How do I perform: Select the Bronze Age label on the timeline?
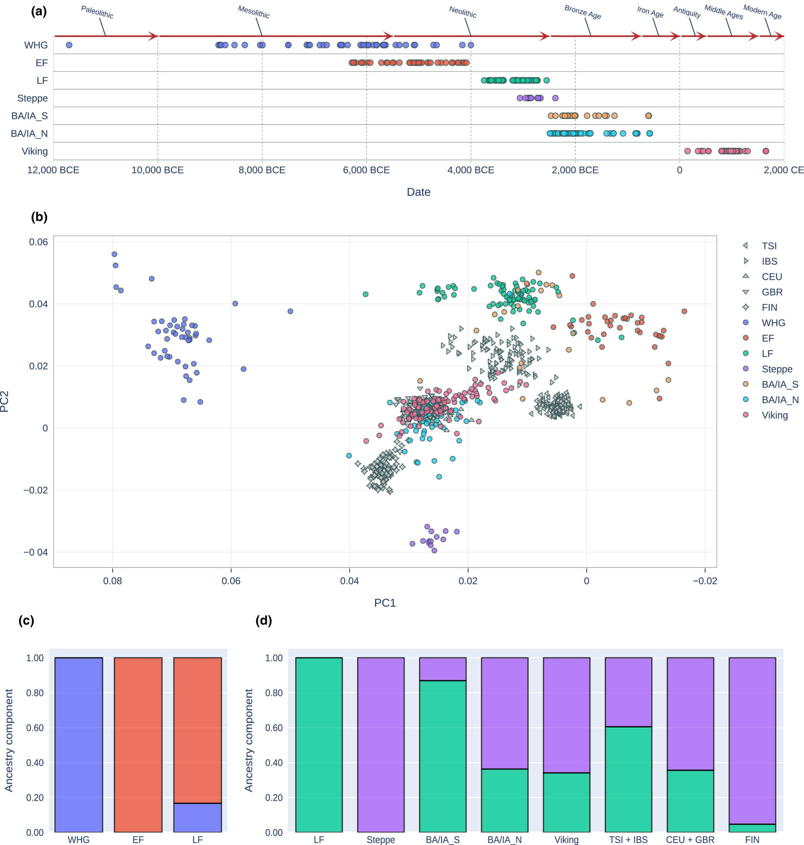coord(582,12)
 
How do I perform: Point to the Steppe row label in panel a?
coord(32,98)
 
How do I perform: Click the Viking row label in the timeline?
coord(35,151)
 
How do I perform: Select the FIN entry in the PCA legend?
coord(769,307)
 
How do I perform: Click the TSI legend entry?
coord(769,246)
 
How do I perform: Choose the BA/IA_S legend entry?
coord(780,385)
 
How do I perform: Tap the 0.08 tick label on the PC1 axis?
coord(112,581)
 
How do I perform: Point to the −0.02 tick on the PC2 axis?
coord(36,490)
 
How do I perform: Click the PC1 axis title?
coord(385,603)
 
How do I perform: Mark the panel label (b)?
coord(39,217)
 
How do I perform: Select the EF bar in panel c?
coord(138,744)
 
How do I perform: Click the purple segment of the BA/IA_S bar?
coord(442,669)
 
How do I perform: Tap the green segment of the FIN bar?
coord(752,828)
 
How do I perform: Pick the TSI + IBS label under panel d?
coord(628,840)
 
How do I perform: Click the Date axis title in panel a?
coord(418,192)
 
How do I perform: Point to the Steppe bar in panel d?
coord(381,744)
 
